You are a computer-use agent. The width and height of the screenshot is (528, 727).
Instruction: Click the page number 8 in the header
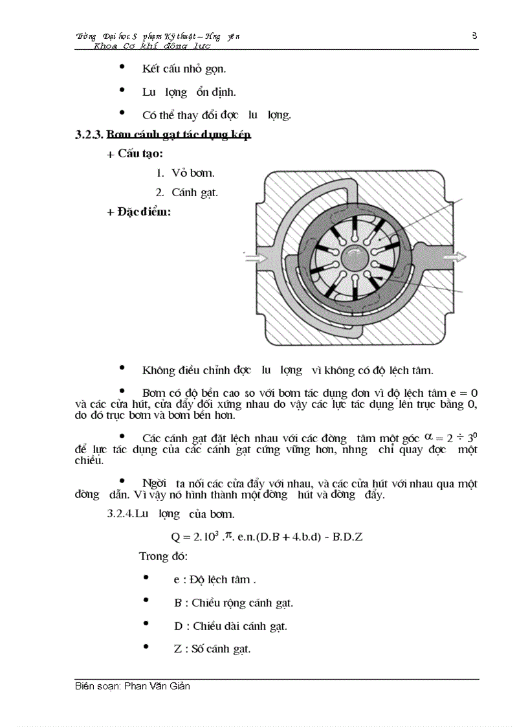coord(474,36)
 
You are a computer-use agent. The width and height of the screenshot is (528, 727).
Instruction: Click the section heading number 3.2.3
coord(89,135)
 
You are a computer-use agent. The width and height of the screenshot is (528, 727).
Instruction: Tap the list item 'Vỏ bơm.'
coord(193,173)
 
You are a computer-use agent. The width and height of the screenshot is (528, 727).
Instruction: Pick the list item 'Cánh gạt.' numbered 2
coord(195,192)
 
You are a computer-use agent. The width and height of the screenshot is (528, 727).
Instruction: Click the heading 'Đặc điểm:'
coord(144,212)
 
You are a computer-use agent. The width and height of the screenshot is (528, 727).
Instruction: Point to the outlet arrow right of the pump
coord(456,257)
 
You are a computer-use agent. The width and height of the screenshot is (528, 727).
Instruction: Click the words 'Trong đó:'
coord(163,556)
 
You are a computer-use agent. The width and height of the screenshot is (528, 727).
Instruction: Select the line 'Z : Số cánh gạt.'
coord(212,649)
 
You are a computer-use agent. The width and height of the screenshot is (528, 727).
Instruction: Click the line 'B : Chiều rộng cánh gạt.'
coord(234,603)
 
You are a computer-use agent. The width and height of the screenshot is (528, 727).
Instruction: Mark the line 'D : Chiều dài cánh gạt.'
coord(230,626)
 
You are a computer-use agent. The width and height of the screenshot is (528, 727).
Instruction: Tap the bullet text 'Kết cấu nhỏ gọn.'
coord(184,69)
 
